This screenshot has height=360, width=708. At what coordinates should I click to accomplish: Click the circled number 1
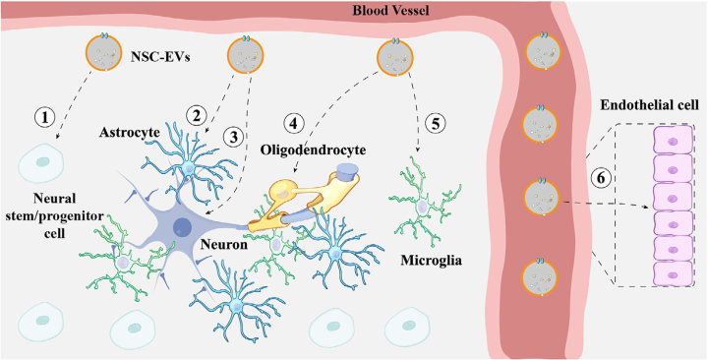(42, 116)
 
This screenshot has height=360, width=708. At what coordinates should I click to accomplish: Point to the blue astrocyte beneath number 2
(188, 169)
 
